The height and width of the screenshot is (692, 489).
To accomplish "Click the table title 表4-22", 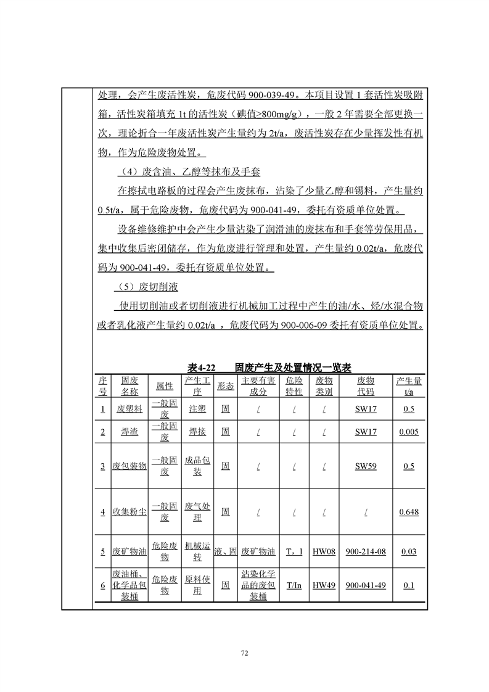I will [201, 368].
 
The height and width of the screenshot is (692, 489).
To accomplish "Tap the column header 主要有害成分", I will [258, 386].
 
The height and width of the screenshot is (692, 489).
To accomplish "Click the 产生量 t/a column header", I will [409, 386].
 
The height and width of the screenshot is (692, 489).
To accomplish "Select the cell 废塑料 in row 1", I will [129, 409].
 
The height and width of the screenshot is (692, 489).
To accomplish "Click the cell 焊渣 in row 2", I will [129, 432].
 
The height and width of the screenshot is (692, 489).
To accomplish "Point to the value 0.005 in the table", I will [409, 432].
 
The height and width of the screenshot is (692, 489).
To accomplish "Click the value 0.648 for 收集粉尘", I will [409, 512].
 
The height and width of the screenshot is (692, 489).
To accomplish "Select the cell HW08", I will [324, 551].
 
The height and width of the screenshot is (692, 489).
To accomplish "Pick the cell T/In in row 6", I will [294, 585].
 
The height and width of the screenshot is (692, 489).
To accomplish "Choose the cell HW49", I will [324, 585].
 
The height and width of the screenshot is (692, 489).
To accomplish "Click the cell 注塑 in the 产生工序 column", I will [197, 409].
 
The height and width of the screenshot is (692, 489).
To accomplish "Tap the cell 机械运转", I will [197, 551].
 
